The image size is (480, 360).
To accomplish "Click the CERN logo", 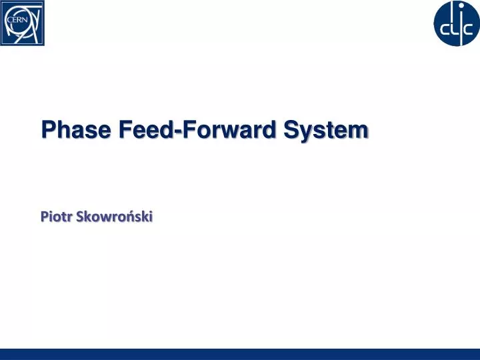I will tap(23, 23).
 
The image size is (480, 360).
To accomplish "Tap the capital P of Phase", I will tap(47, 129).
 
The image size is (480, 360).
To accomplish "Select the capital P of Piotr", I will tap(43, 216).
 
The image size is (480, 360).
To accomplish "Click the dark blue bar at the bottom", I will tap(240, 354).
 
